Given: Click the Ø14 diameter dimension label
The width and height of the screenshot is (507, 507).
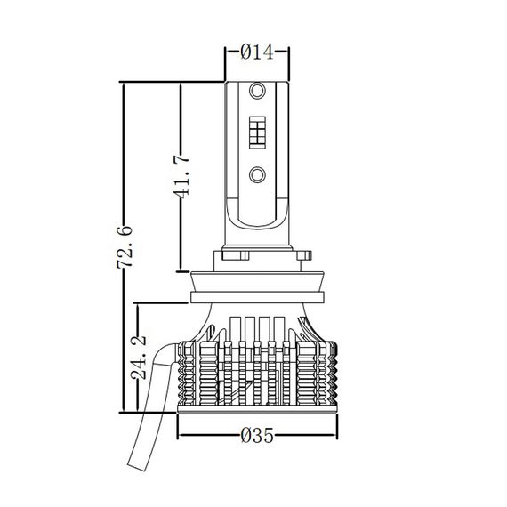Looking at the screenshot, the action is (x=257, y=52).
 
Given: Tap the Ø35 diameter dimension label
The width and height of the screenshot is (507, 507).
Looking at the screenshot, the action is (x=257, y=435).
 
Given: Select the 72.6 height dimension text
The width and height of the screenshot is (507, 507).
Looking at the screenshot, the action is (x=125, y=247).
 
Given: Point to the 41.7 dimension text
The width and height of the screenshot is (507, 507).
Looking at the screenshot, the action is (x=181, y=176).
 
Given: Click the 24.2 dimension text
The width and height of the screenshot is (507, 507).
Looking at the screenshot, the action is (x=139, y=358).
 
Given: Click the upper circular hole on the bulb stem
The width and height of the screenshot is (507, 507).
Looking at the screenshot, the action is (x=257, y=91).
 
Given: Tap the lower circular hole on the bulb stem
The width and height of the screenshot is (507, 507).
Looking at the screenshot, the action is (x=257, y=175).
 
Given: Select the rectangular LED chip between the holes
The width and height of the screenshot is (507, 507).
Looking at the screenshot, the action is (x=257, y=133).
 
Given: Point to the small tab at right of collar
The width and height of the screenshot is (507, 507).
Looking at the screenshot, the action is (x=303, y=255).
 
